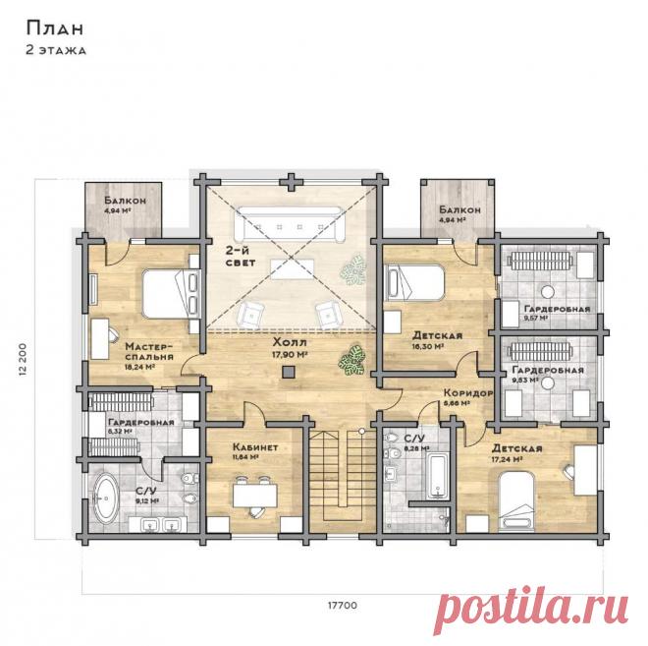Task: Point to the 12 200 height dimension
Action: click(x=23, y=358)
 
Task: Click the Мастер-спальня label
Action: click(x=150, y=351)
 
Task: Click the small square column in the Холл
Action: click(x=288, y=372)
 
